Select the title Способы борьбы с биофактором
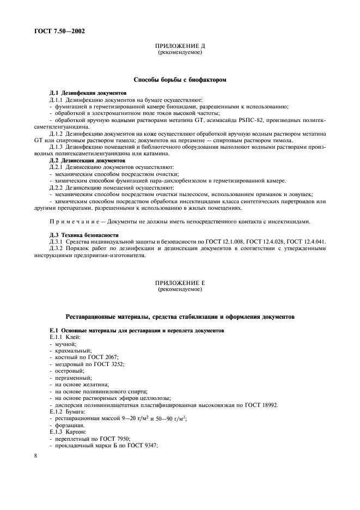[180, 80]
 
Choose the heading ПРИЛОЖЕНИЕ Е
[180, 283]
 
